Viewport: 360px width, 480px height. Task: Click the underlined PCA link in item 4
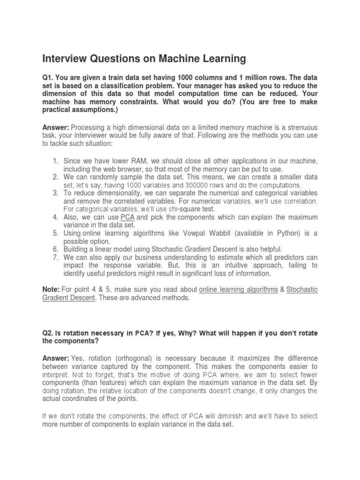pos(127,217)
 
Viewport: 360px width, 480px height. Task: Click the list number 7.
pos(55,257)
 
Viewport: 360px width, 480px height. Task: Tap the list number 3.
pos(55,193)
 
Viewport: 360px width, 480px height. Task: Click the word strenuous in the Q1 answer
pos(300,127)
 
